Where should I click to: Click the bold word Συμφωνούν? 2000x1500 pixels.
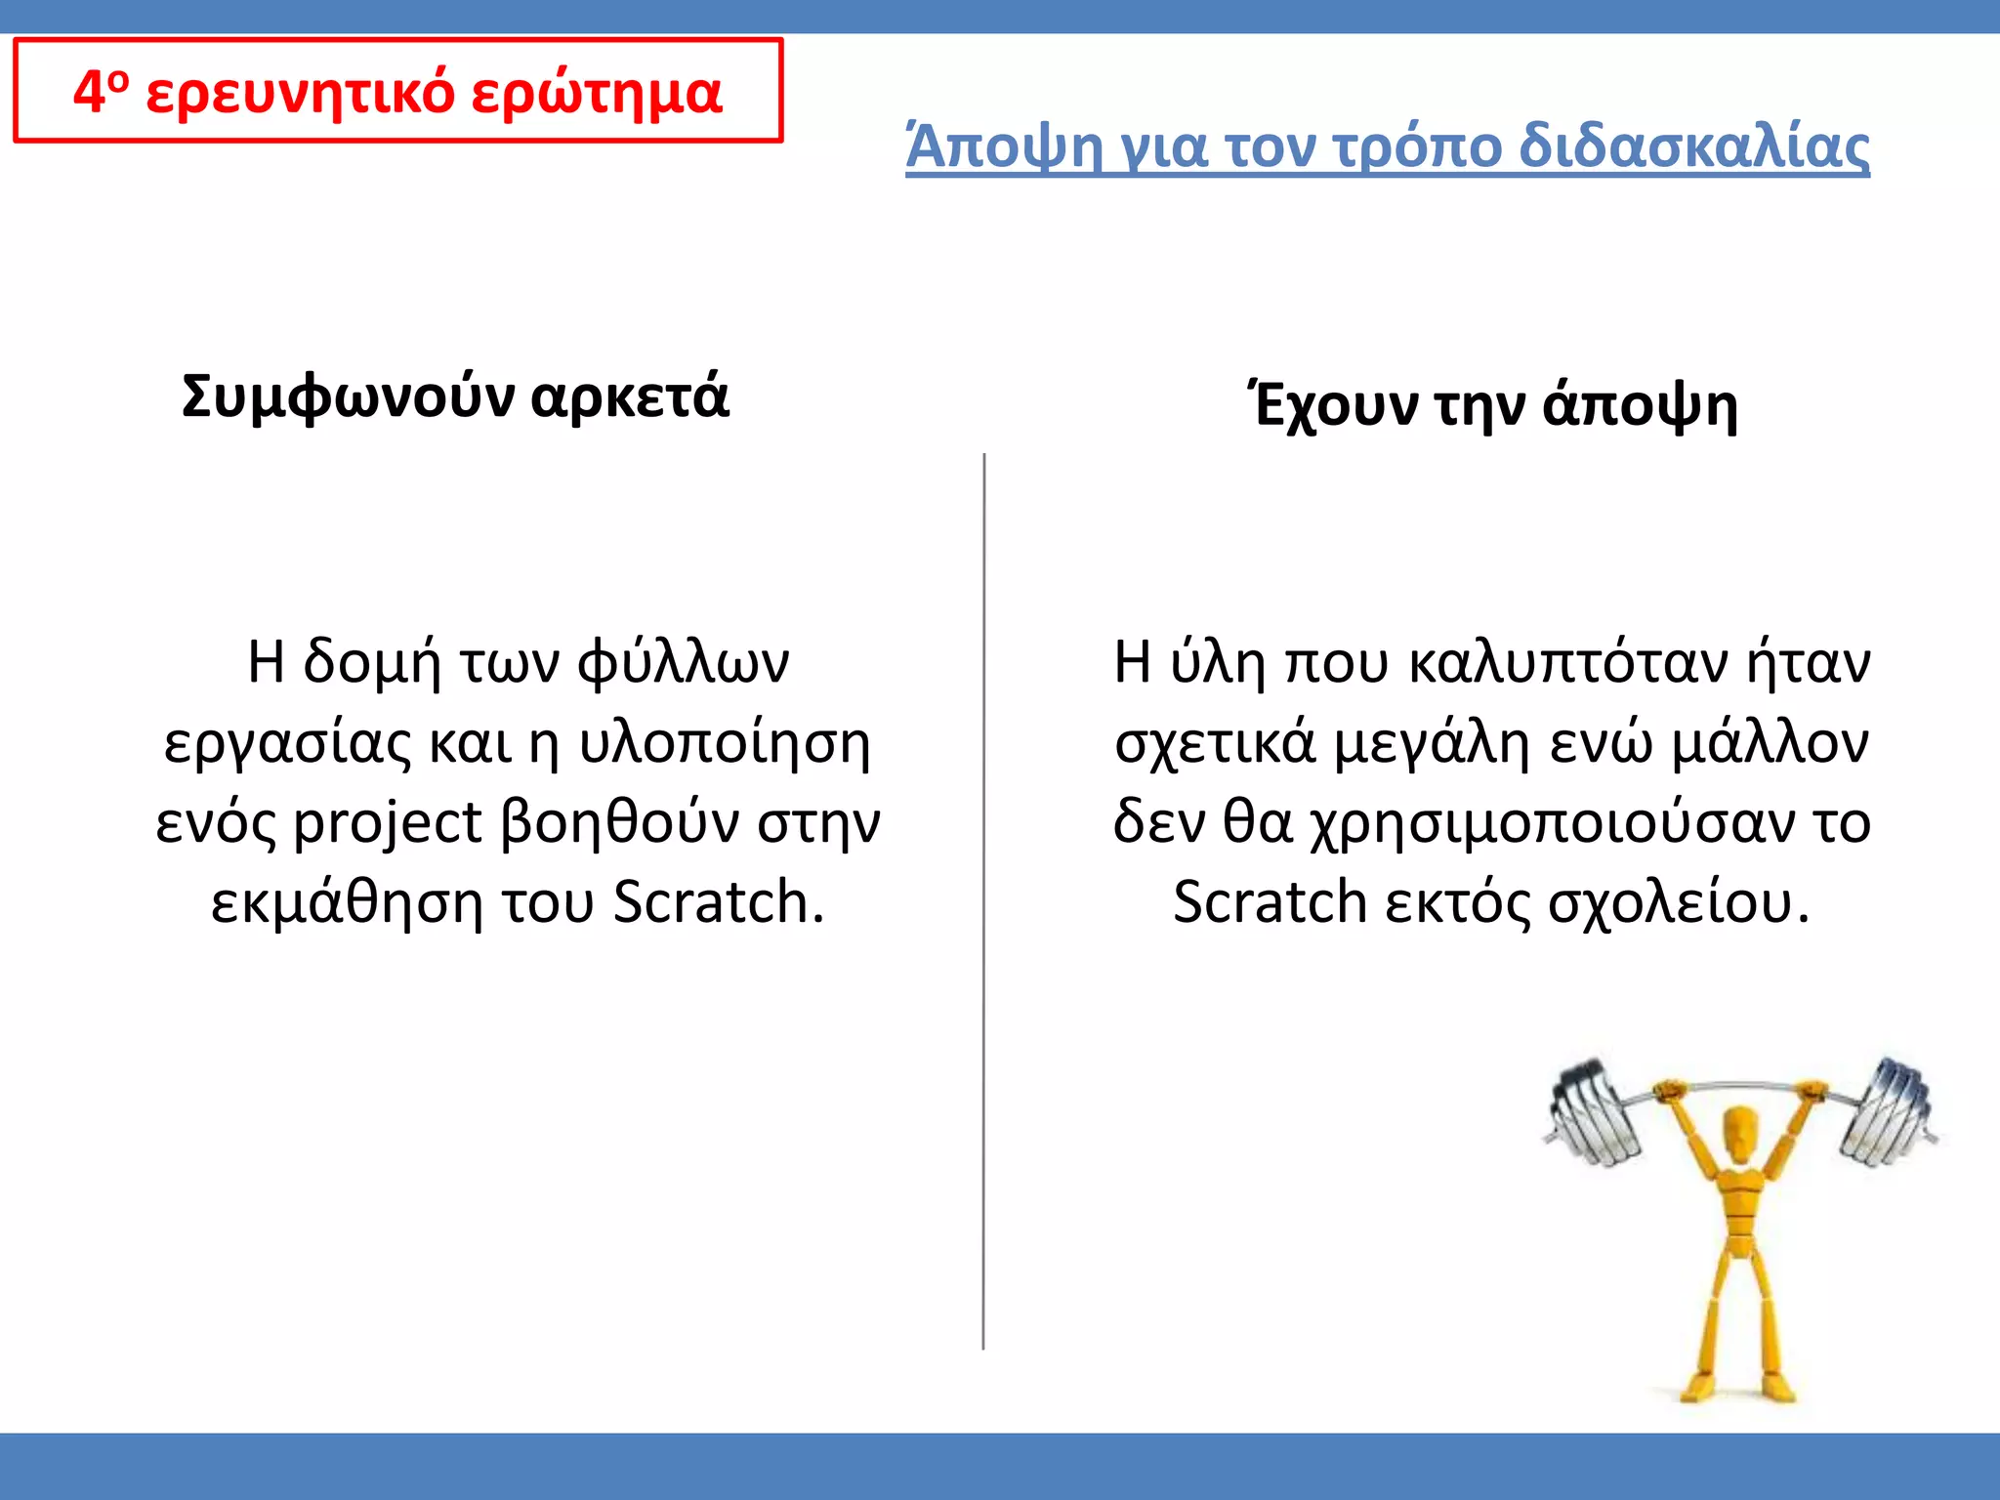(x=347, y=397)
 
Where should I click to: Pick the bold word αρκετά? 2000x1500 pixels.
(x=630, y=397)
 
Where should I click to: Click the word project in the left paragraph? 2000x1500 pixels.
(x=388, y=822)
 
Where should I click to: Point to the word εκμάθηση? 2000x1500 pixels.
(x=347, y=902)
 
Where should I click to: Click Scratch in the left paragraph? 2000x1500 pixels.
(x=719, y=902)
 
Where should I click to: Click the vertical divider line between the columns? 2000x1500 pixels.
(x=983, y=898)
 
